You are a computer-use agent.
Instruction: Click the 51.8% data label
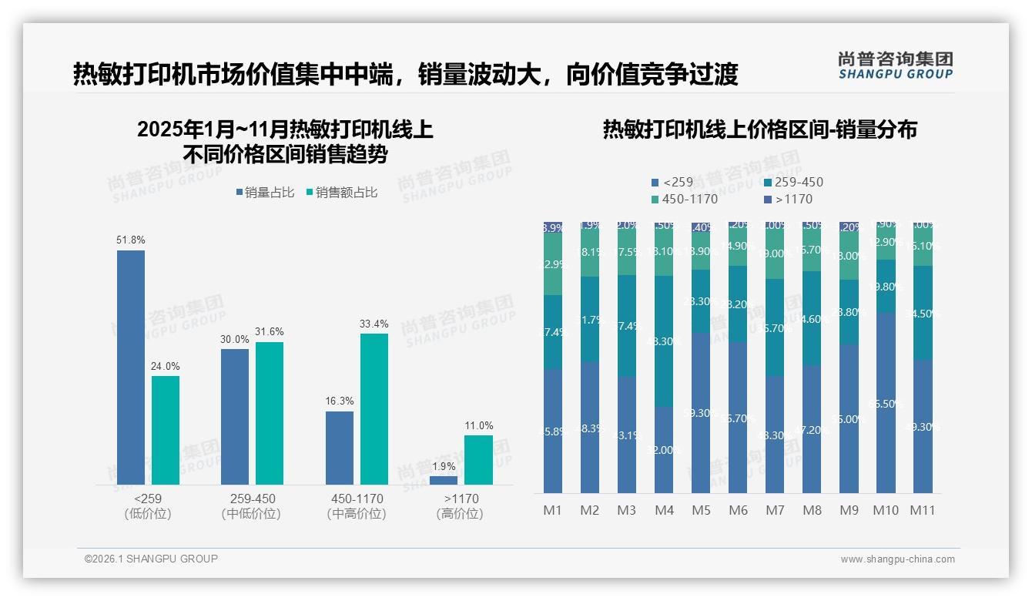tap(131, 240)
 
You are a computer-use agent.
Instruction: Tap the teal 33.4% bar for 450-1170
tap(374, 408)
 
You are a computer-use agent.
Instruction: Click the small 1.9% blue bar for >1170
tap(444, 480)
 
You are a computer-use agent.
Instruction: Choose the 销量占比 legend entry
tap(265, 193)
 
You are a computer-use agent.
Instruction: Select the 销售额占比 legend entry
tap(342, 193)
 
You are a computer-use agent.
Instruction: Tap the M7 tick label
tap(776, 510)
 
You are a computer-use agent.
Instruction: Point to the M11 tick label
tap(923, 510)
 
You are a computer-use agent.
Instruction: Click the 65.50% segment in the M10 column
tap(886, 402)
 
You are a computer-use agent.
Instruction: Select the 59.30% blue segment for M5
tap(701, 412)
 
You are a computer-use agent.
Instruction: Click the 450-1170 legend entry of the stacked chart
tap(685, 200)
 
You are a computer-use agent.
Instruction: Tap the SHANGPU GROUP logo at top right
tap(896, 65)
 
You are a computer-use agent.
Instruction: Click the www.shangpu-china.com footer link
tap(897, 559)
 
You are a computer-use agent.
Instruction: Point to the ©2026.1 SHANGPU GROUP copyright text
tap(151, 559)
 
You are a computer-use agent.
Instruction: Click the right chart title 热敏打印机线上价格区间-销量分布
tap(759, 130)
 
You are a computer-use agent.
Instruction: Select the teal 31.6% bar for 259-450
tap(270, 413)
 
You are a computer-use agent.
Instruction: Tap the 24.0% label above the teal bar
tap(166, 367)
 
